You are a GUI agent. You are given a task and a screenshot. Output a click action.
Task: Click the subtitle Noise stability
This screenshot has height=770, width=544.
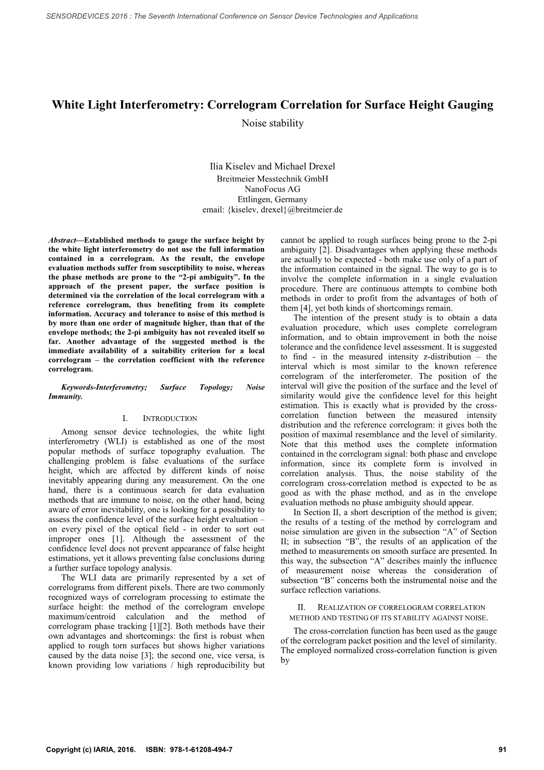tap(272, 124)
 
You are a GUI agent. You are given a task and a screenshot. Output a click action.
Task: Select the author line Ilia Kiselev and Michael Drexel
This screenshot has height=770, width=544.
tap(272, 166)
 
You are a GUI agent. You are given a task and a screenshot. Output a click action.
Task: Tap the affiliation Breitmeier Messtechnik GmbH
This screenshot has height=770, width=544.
tap(272, 178)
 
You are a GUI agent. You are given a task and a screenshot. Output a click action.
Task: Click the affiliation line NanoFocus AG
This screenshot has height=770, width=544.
tap(272, 189)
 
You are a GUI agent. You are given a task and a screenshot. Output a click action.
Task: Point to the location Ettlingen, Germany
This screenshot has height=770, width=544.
tap(272, 199)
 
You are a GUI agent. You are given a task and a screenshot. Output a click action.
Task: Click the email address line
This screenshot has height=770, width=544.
tap(272, 210)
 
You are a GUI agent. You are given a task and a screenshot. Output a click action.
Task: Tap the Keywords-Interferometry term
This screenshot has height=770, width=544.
tap(103, 387)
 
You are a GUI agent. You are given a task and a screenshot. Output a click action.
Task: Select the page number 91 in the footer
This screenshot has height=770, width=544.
tap(501, 750)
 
